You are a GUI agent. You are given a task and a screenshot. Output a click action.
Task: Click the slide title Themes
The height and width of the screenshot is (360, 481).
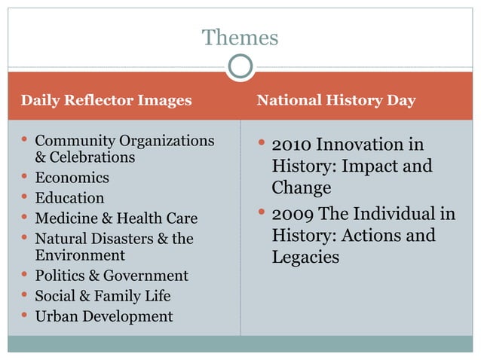240,37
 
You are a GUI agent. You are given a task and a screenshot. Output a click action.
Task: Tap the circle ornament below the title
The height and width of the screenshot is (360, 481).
240,68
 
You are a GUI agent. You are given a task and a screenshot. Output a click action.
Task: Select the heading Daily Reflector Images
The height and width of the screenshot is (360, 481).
106,100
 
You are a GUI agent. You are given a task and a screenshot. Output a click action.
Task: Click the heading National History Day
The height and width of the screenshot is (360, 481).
336,100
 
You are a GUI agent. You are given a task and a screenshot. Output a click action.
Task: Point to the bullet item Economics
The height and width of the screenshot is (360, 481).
72,178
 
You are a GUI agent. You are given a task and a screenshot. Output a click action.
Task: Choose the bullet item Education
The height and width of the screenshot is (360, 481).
70,198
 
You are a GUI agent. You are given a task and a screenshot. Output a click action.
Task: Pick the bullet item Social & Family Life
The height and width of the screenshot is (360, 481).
103,296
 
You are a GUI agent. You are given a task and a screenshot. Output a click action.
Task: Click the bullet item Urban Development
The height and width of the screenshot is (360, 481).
104,316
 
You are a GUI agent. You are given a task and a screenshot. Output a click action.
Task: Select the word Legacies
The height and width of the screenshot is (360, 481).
305,257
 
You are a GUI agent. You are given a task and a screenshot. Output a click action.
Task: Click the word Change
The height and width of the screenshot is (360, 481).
302,187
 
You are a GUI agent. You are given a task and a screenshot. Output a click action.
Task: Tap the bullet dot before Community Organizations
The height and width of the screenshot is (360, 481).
26,140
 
